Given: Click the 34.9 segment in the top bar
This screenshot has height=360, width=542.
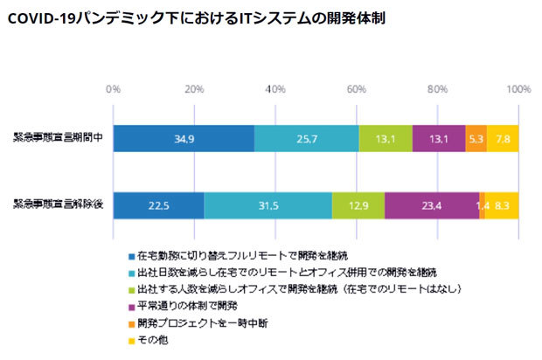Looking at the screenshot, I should click(x=184, y=139).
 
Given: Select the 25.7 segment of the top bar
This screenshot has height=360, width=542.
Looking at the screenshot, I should click(x=306, y=139).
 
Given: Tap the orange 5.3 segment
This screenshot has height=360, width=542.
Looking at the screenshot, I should click(x=476, y=139).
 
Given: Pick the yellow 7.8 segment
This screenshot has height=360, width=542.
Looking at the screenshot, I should click(x=503, y=139).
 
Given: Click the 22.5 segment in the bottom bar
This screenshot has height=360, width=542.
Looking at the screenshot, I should click(x=158, y=205).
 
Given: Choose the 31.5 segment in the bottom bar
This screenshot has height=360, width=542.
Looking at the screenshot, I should click(x=268, y=205).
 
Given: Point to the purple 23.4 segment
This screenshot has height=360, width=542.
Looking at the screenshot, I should click(x=432, y=205).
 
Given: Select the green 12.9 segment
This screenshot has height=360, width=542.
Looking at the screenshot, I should click(x=358, y=205).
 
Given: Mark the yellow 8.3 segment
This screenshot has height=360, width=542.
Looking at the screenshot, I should click(x=502, y=205).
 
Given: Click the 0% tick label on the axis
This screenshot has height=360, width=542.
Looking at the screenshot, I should click(x=113, y=88).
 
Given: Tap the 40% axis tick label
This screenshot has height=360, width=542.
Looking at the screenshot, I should click(x=275, y=88).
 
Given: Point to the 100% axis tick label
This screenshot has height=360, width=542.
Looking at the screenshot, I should click(x=518, y=88).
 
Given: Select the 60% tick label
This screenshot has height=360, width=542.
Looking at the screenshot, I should click(x=357, y=88).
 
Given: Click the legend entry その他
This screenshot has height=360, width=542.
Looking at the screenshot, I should click(x=154, y=339).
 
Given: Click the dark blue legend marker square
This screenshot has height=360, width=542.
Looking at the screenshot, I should click(x=130, y=257).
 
